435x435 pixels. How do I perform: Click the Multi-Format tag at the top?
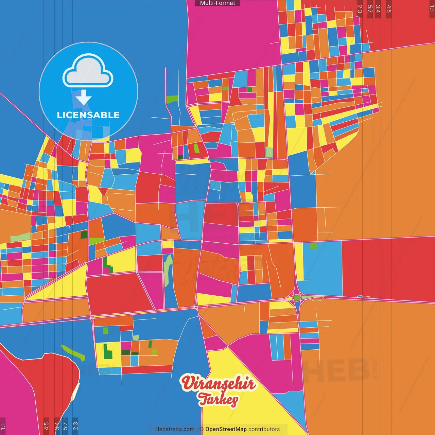tap(217, 3)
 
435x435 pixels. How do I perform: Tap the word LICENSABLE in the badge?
tap(88, 115)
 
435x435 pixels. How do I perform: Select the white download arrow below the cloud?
tap(84, 98)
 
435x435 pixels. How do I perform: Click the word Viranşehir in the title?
tap(218, 383)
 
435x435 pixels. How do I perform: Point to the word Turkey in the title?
tap(218, 399)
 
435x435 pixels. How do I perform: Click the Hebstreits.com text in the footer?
tap(175, 429)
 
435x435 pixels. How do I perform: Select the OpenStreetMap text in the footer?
tap(226, 429)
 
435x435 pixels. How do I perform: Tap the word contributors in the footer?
tap(264, 429)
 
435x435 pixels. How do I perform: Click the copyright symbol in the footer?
tap(202, 429)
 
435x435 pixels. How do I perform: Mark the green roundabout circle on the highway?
tap(297, 298)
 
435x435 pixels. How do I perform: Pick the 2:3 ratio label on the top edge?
tap(360, 9)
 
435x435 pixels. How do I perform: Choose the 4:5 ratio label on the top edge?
tap(389, 9)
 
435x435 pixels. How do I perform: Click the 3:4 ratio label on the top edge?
tap(378, 9)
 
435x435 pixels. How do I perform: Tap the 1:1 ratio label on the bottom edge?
tap(3, 426)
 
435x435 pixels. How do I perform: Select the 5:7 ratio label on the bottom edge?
tap(65, 426)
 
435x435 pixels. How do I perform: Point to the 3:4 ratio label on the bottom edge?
tap(57, 426)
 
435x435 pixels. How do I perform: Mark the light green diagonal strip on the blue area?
tap(73, 353)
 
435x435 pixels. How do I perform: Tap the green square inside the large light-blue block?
tap(313, 246)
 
